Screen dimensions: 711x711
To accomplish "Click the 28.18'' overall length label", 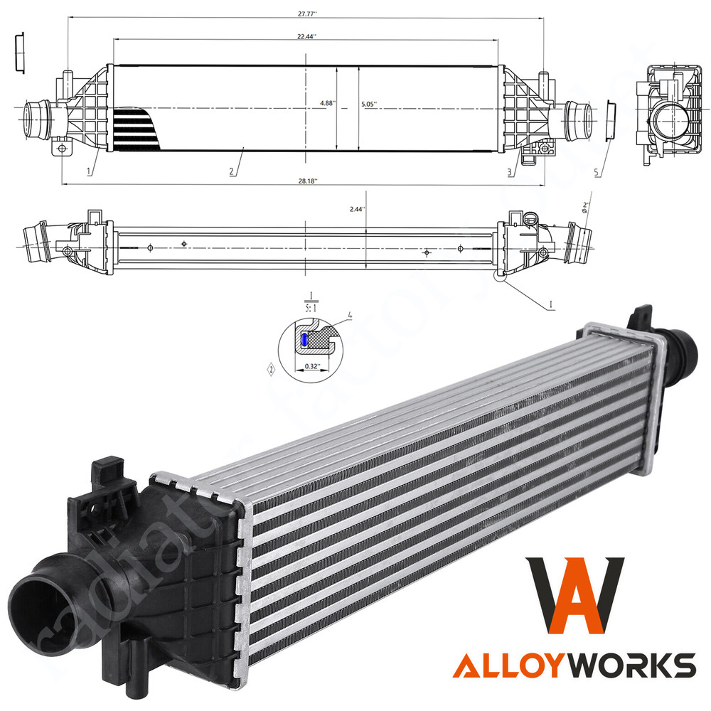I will tap(306, 181).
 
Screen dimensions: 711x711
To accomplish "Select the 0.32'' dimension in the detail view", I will tap(311, 366).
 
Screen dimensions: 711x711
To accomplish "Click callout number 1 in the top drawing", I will tap(89, 171).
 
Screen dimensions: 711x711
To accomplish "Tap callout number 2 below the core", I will tap(232, 171).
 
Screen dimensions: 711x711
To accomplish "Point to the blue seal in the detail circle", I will tap(304, 341).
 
